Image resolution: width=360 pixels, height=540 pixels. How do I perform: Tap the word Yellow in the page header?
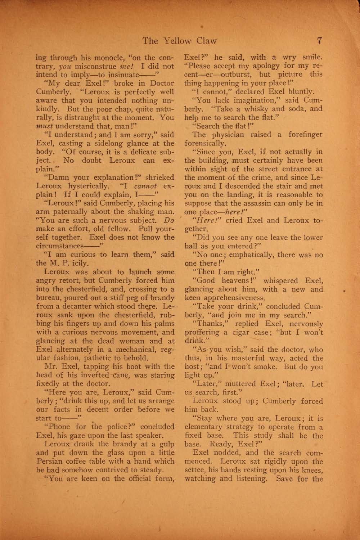coord(177,40)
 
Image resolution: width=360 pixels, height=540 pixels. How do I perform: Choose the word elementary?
coord(203,427)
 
